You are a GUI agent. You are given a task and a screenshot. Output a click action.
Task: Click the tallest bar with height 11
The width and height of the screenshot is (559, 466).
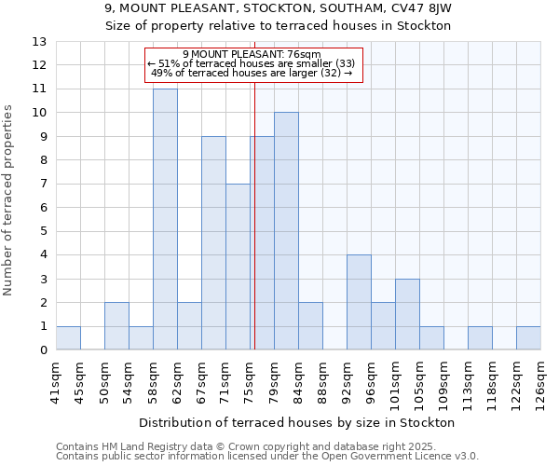pos(165,220)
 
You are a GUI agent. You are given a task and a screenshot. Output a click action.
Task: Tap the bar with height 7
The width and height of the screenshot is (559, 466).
pos(238,267)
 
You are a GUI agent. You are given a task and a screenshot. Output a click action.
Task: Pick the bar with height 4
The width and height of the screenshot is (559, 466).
pos(359,303)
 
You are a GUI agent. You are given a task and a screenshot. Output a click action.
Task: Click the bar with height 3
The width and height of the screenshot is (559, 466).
pos(407,314)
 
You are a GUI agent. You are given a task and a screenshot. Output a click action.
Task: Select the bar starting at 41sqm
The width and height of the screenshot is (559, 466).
pos(68,338)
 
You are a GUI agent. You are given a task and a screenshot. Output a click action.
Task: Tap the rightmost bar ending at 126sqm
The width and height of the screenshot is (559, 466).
pos(528,338)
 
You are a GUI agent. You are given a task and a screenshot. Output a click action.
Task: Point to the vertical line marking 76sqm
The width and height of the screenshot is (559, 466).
pos(254,214)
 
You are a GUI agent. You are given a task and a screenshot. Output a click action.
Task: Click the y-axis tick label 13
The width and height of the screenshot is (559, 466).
pos(39,42)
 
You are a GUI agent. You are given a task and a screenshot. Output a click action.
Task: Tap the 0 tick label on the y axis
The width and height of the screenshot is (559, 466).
pos(43,350)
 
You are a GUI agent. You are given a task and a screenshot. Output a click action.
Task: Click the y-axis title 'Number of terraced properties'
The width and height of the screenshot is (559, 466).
pos(9,200)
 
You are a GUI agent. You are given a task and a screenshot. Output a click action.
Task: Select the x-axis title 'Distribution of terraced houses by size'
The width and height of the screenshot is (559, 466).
pos(298,422)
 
